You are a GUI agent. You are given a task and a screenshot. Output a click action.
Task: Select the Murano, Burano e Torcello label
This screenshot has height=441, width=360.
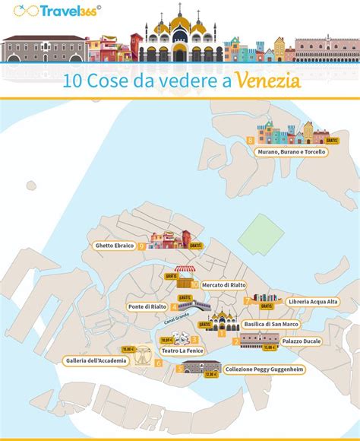pyautogui.click(x=291, y=152)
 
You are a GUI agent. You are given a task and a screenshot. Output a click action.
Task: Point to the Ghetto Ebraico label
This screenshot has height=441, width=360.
pyautogui.click(x=115, y=246)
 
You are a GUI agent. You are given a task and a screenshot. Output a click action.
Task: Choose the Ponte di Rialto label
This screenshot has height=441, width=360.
pyautogui.click(x=147, y=306)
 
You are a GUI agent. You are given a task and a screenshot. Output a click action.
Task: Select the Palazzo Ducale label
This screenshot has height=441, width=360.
pyautogui.click(x=302, y=341)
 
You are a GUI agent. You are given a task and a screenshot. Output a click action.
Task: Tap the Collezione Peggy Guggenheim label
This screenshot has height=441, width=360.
pyautogui.click(x=264, y=369)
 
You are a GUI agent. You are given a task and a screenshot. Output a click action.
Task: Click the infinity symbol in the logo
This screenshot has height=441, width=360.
pyautogui.click(x=14, y=11)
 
